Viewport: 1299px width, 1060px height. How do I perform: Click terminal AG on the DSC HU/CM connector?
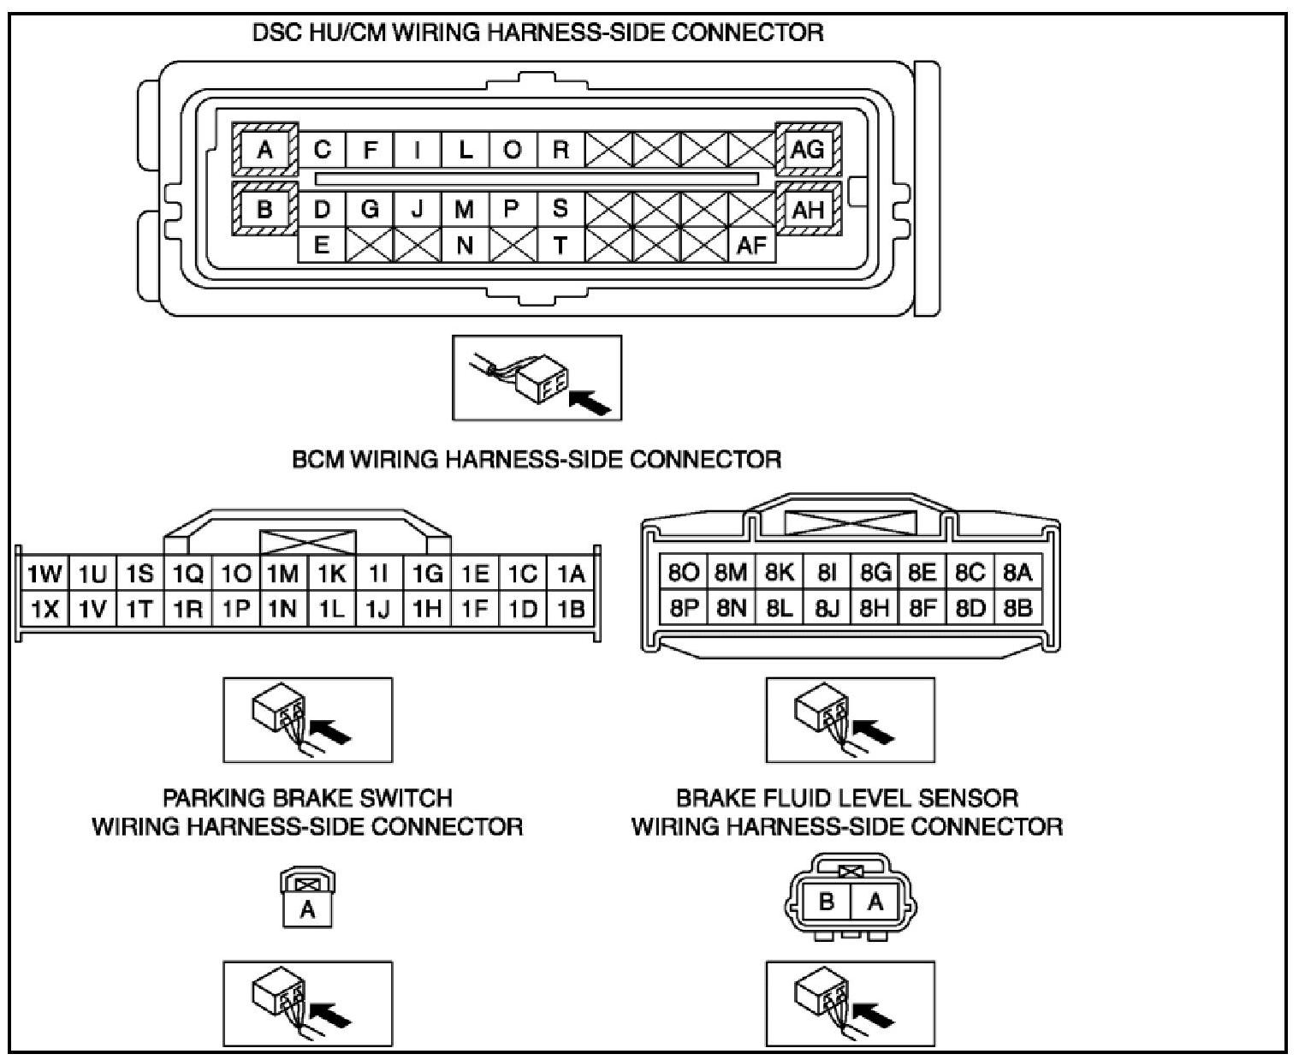tap(808, 150)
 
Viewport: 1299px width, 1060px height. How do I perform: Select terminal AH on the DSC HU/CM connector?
tap(808, 209)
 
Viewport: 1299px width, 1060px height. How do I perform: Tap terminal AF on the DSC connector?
tap(751, 246)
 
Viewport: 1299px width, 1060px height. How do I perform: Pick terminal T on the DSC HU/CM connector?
tap(560, 246)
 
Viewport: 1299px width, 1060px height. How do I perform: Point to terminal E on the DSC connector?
tap(321, 246)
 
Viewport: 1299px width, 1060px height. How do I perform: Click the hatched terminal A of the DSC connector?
tap(264, 150)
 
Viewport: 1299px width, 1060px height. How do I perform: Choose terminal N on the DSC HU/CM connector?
tap(464, 246)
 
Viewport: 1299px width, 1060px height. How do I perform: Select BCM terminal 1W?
tap(44, 574)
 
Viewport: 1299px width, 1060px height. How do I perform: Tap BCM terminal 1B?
tap(571, 610)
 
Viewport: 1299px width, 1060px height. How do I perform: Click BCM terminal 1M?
tap(282, 574)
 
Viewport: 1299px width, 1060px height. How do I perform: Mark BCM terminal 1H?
tap(427, 610)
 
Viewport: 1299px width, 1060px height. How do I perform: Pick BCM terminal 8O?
tap(684, 572)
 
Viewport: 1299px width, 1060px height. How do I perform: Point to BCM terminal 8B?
tap(1017, 609)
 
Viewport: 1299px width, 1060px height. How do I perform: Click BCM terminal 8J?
tap(827, 609)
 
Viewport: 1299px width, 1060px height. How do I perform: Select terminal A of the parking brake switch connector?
tap(307, 910)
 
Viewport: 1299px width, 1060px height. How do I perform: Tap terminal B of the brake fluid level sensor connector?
tap(827, 902)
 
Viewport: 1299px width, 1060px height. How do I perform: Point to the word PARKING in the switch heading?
tap(214, 799)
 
